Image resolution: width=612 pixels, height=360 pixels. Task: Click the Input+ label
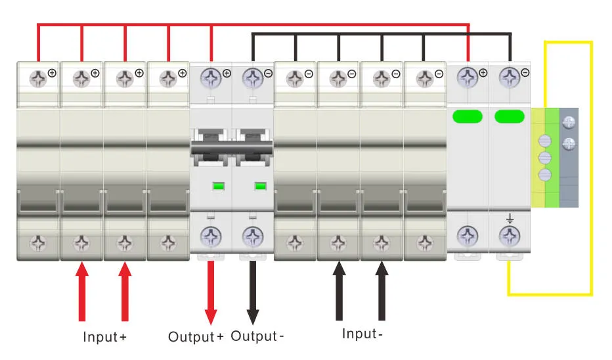tap(104, 338)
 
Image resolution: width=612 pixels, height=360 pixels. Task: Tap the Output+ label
tap(196, 338)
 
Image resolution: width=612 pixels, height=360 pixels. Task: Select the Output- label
tap(257, 336)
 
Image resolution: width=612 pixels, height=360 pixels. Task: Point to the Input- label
tap(361, 334)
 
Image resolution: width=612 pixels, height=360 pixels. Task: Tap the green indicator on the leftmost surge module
tap(467, 117)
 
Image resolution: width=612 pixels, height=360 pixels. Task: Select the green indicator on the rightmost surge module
tap(510, 117)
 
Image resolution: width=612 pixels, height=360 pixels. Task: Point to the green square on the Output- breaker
tap(260, 186)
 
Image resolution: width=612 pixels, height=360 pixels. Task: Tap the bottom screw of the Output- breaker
tap(253, 236)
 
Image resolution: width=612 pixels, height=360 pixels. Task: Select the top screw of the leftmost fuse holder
tap(37, 79)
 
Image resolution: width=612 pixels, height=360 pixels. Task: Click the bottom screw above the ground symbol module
tap(510, 236)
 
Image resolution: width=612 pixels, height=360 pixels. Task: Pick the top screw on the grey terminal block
tap(569, 122)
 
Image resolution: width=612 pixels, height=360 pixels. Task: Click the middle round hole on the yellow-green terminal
tap(544, 158)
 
